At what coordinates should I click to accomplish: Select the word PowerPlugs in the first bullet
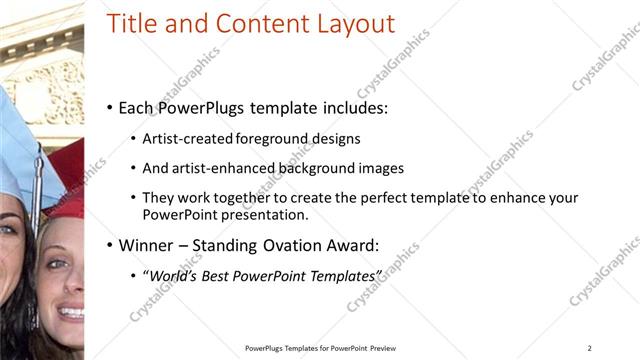pyautogui.click(x=200, y=107)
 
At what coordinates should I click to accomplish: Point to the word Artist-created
pyautogui.click(x=189, y=139)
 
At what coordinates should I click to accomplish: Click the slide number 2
pyautogui.click(x=590, y=348)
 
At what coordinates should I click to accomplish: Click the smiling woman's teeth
pyautogui.click(x=71, y=313)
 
